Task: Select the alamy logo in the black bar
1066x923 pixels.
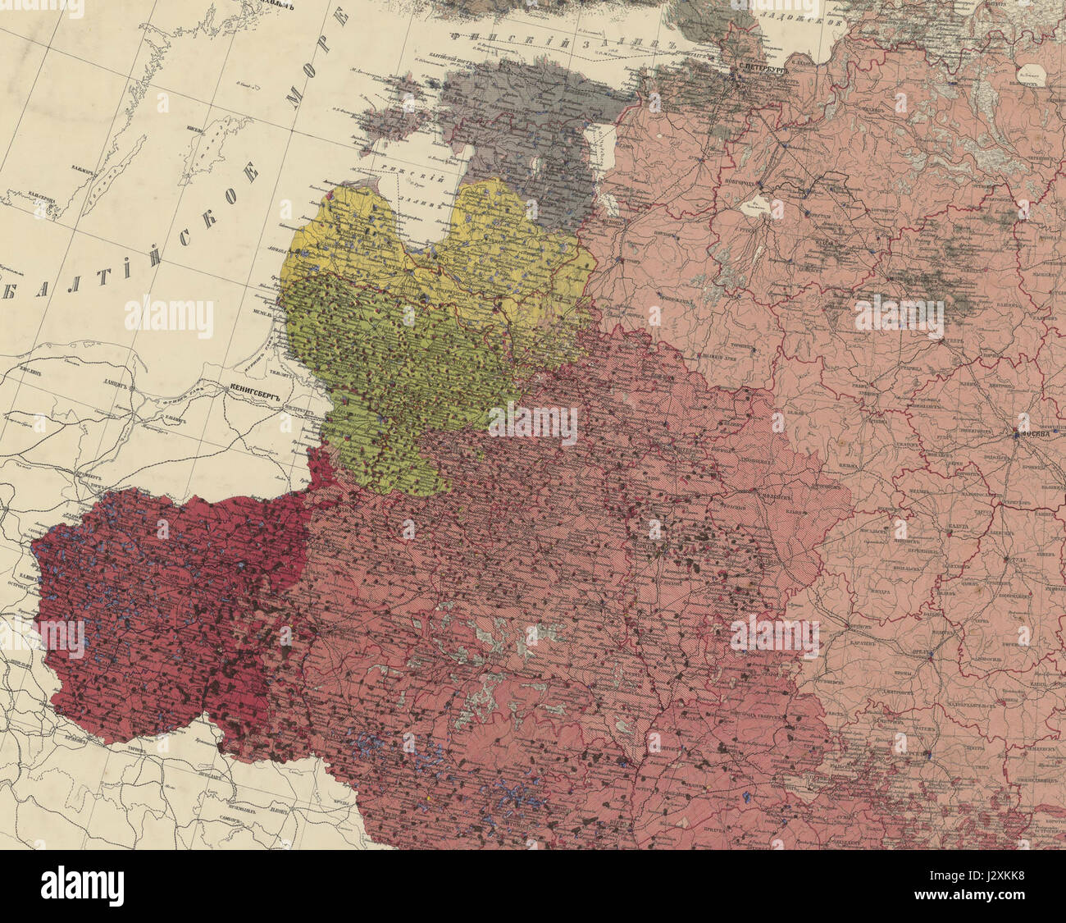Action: point(82,886)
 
